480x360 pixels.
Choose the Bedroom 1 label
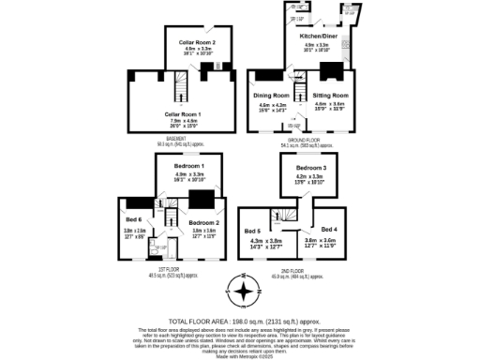coord(189,166)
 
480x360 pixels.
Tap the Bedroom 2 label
coord(203,222)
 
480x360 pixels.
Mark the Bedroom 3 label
coord(310,168)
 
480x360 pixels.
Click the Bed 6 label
coord(134,221)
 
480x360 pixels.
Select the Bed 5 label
coord(253,231)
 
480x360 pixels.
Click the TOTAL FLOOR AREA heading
coord(240,320)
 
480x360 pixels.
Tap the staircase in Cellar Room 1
coord(185,90)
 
